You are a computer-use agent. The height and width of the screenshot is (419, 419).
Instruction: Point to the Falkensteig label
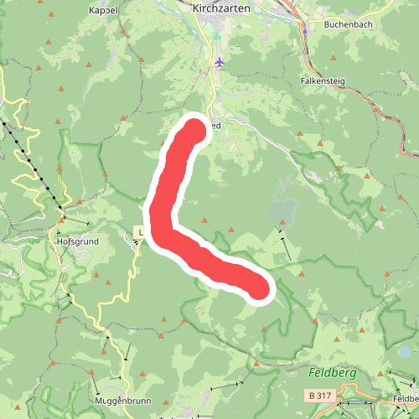click(x=323, y=83)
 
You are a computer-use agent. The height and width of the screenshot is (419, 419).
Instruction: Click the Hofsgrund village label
click(x=77, y=241)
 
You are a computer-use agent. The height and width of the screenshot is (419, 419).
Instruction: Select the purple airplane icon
click(x=220, y=62)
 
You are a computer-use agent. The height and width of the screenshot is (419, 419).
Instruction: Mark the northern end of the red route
click(x=194, y=130)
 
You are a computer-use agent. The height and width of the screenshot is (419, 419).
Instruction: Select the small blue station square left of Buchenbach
click(x=307, y=32)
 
